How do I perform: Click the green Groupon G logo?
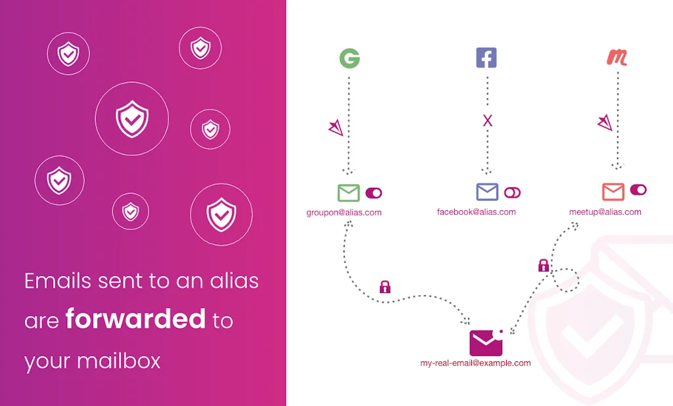click(350, 58)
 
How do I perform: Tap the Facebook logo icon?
click(486, 58)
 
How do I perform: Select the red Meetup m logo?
click(616, 58)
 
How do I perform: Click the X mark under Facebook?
click(487, 120)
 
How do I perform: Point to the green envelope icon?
click(349, 192)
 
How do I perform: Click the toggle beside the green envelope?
click(374, 192)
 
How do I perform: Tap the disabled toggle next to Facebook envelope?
click(513, 192)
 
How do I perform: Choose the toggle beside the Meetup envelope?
click(638, 190)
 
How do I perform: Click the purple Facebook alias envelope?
click(487, 192)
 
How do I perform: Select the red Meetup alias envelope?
click(613, 191)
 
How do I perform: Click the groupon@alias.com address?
click(344, 213)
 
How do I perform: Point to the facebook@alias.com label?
click(476, 212)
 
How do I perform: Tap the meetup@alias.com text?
click(605, 212)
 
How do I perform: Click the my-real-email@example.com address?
click(476, 363)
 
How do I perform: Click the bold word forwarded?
click(135, 320)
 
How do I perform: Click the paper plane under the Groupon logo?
click(336, 128)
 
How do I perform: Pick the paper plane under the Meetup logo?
click(605, 122)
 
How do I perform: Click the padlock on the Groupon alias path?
click(385, 286)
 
